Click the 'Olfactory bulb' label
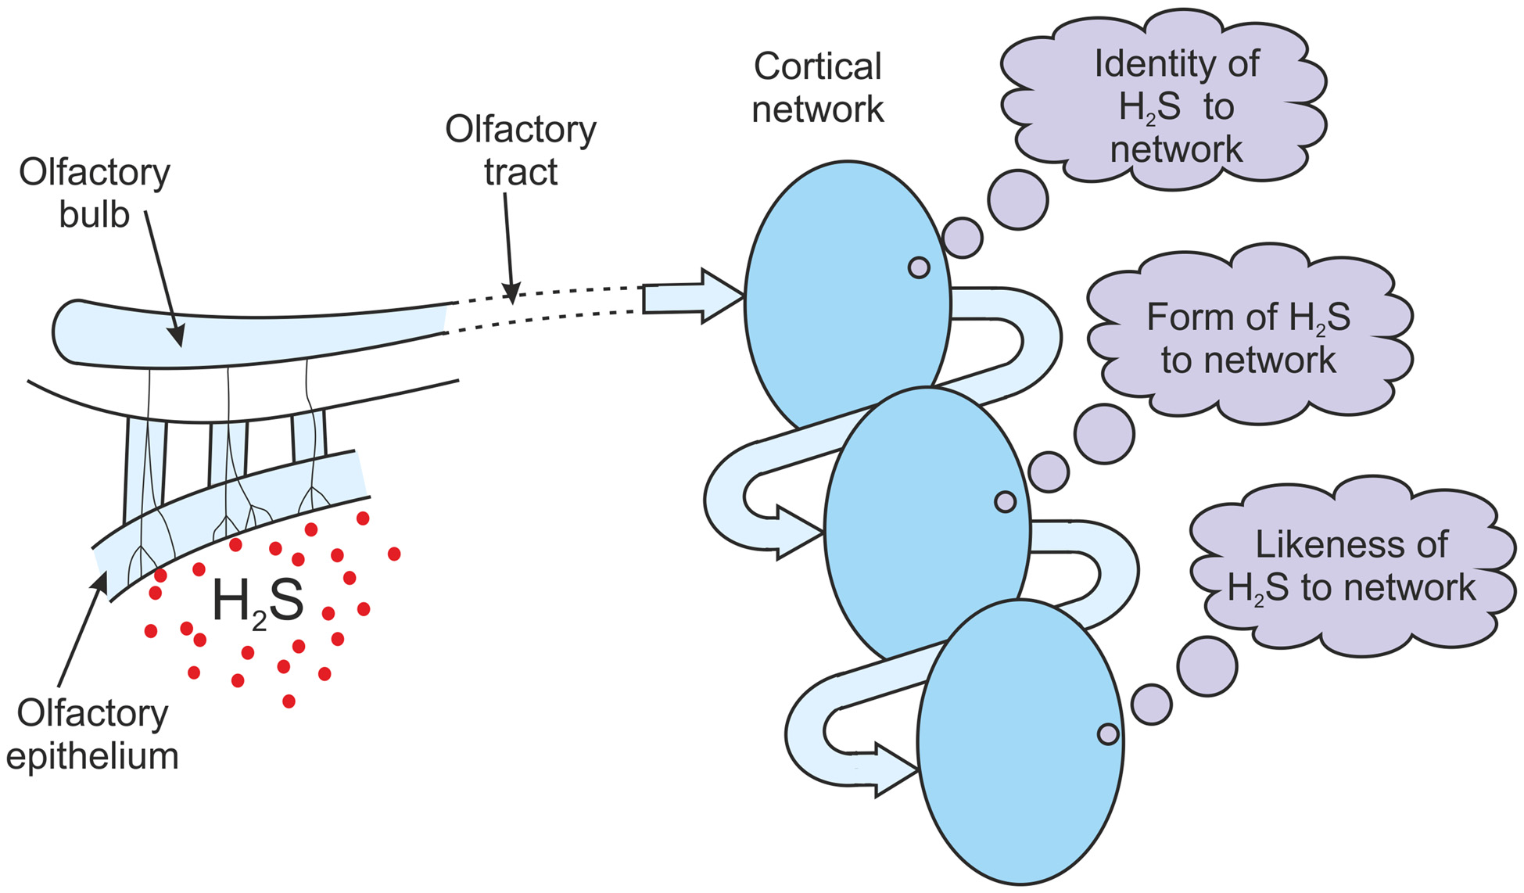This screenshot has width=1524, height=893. click(94, 193)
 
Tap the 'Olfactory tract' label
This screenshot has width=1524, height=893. click(520, 150)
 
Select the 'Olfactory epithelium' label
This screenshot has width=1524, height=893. click(92, 734)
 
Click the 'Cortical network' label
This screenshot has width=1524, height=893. click(817, 88)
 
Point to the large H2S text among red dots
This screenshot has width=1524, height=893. click(257, 603)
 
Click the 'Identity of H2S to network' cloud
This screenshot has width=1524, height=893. click(1165, 106)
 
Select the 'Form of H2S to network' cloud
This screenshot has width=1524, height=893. click(1249, 338)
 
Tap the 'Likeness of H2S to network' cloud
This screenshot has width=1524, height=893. click(1351, 565)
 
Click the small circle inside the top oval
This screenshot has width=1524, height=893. click(919, 267)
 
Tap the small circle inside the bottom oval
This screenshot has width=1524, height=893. click(1108, 733)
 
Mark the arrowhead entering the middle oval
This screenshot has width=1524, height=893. click(798, 533)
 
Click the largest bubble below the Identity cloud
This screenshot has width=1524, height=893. click(1017, 199)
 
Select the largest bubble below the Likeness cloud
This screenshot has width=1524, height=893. click(1207, 666)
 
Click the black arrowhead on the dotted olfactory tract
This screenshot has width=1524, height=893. click(512, 295)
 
